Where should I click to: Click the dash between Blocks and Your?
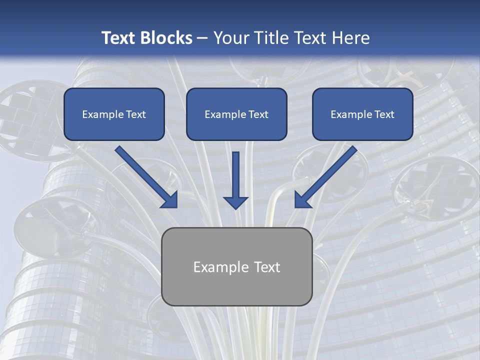[x=203, y=38]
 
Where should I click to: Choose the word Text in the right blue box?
[x=384, y=114]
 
